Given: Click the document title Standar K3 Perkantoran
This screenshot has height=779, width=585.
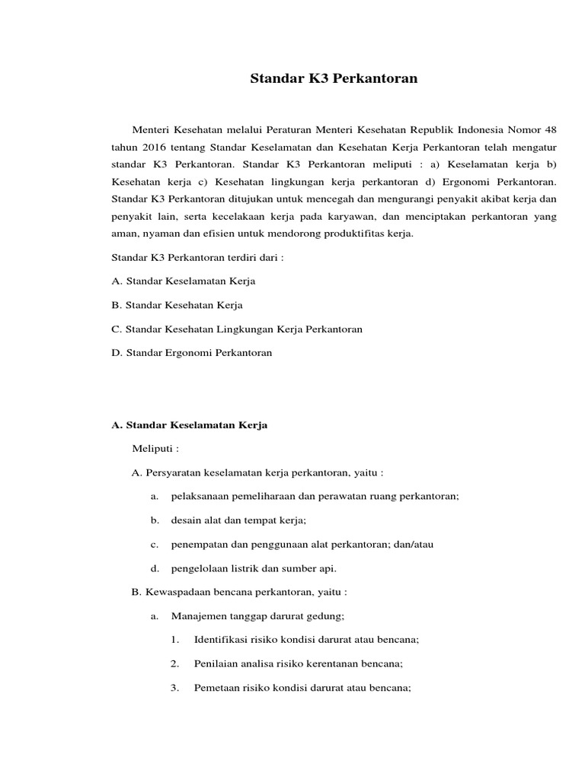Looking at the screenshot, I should click(x=334, y=78).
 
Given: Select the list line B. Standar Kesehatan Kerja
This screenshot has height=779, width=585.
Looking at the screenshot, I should click(x=177, y=305).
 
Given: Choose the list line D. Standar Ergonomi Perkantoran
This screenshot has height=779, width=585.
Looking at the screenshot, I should click(x=191, y=353).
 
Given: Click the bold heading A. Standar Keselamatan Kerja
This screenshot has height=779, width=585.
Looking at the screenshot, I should click(x=189, y=425).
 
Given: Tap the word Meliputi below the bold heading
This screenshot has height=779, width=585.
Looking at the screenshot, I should click(x=154, y=449).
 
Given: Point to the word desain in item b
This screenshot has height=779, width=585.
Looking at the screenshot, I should click(x=186, y=520).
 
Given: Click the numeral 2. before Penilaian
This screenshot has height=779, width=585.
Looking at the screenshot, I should click(x=175, y=663).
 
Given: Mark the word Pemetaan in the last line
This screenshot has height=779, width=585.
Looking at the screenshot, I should click(x=217, y=688).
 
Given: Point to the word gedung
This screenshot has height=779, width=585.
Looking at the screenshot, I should click(x=327, y=615).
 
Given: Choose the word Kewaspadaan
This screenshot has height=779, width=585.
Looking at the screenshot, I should click(x=177, y=592).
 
